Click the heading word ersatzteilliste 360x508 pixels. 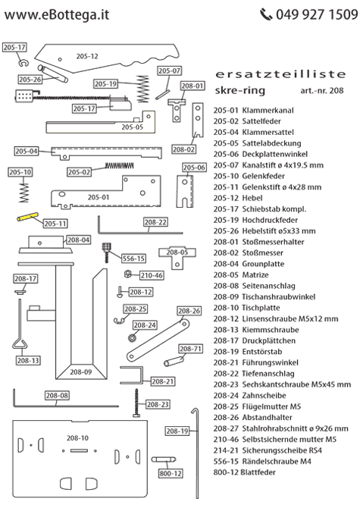pyautogui.click(x=280, y=74)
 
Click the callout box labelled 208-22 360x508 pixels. pyautogui.click(x=155, y=222)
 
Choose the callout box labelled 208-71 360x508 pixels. pyautogui.click(x=193, y=349)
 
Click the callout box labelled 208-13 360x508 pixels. pyautogui.click(x=27, y=360)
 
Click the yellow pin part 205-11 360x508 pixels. pyautogui.click(x=28, y=218)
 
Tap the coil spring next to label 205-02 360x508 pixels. pyautogui.click(x=124, y=165)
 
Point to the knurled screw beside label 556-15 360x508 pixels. pyautogui.click(x=109, y=249)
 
